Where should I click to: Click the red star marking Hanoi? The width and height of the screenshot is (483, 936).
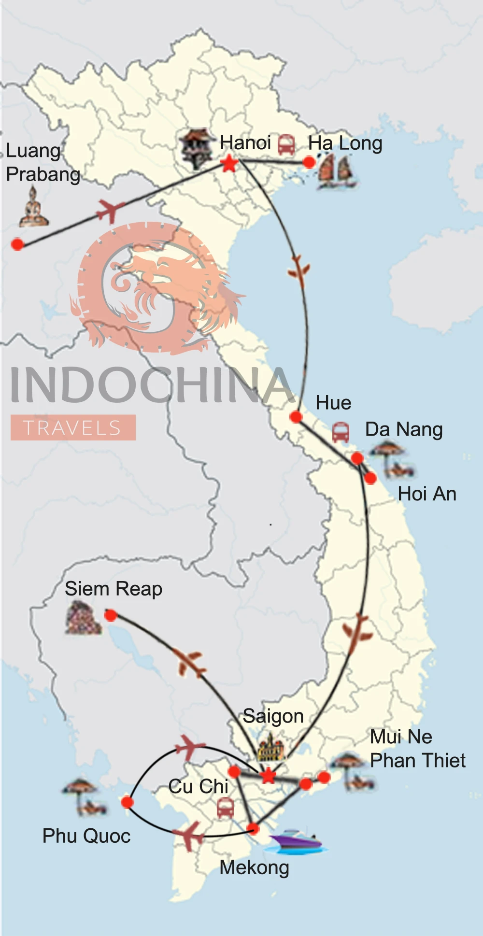click(229, 163)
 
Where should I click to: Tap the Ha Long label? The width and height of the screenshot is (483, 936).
click(345, 143)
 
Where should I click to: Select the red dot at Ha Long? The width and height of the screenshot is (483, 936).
click(309, 162)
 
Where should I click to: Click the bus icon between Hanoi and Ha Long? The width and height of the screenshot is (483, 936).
click(286, 144)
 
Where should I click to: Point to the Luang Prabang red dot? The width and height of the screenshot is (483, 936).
click(17, 244)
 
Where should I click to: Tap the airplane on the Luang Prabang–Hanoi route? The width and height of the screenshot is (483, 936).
click(111, 210)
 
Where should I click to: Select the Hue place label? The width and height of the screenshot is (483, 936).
click(333, 403)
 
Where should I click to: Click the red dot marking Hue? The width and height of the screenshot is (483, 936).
click(296, 417)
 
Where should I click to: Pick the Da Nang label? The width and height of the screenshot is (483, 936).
click(404, 429)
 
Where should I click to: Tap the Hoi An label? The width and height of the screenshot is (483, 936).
click(427, 494)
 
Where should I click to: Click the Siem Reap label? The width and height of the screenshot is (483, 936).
click(114, 589)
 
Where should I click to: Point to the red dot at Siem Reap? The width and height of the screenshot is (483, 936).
click(111, 615)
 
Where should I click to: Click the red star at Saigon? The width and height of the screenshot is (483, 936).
click(268, 776)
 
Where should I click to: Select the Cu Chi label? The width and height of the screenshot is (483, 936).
click(198, 786)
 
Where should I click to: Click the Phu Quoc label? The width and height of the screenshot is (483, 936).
click(86, 836)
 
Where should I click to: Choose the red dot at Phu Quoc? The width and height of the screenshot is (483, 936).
click(128, 802)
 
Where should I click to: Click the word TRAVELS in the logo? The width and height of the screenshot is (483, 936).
click(72, 428)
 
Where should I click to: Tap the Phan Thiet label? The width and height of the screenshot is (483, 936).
click(417, 761)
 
